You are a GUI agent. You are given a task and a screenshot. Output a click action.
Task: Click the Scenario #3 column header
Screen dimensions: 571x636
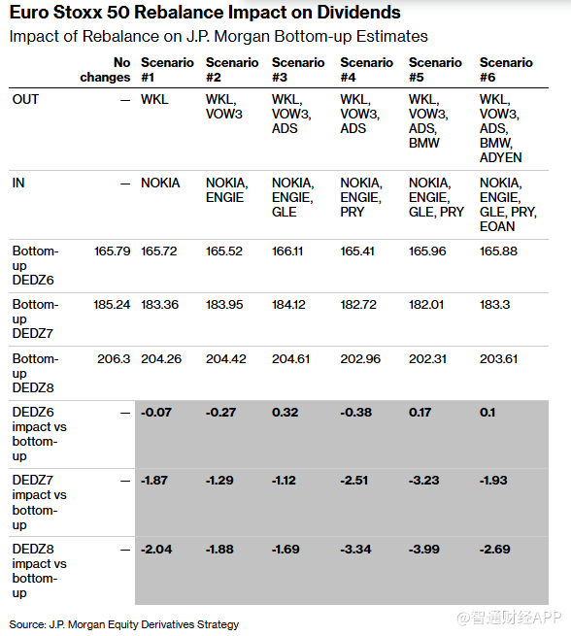[298, 70]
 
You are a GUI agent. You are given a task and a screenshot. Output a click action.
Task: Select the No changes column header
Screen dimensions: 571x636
[105, 70]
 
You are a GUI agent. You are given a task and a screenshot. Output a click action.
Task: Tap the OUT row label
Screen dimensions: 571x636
[25, 99]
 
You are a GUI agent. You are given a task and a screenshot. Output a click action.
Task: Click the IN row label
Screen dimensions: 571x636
[18, 183]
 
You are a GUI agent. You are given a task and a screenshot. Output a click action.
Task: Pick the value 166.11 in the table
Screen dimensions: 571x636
[287, 251]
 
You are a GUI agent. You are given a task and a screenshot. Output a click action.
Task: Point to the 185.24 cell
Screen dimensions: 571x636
[112, 305]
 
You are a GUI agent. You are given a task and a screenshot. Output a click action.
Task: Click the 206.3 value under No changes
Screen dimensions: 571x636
[114, 359]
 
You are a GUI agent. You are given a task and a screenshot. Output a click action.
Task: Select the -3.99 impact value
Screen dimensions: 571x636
[424, 550]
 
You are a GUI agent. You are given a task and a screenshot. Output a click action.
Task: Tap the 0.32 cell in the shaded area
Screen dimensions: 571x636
[285, 413]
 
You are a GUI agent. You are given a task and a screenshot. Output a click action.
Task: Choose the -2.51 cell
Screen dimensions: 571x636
[354, 481]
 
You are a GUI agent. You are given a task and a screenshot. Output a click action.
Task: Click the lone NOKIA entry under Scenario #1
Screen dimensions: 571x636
[160, 183]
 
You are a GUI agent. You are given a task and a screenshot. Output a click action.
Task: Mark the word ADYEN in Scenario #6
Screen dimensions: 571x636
[500, 157]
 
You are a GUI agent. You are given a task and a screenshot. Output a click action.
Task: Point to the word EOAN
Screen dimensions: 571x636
[497, 226]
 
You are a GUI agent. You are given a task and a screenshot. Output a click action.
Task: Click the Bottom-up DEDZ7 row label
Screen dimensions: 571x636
[35, 318]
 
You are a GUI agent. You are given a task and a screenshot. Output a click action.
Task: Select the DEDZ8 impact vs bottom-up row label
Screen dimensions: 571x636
[40, 571]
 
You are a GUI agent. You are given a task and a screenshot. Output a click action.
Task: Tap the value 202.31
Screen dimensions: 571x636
[427, 359]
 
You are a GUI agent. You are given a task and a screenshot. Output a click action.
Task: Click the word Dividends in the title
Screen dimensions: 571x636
[359, 13]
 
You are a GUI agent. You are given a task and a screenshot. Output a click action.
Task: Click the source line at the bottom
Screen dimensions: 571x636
[124, 624]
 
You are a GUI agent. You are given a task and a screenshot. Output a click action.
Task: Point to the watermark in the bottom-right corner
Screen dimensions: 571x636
[509, 618]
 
